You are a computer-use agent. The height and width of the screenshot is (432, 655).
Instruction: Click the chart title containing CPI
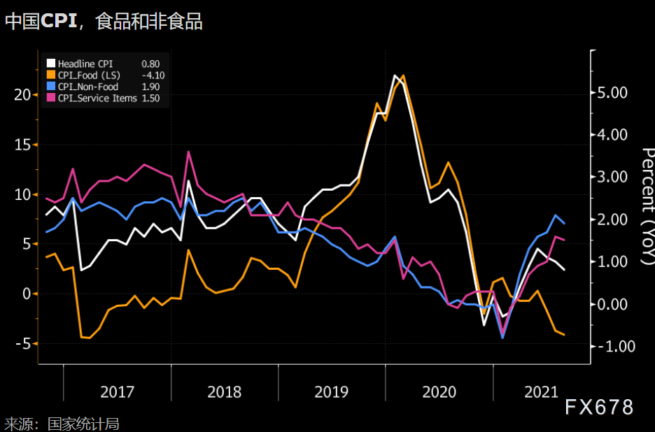104,21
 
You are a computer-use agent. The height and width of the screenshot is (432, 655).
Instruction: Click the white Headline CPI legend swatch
50,64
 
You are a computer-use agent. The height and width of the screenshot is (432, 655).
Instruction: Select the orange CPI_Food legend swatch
50,75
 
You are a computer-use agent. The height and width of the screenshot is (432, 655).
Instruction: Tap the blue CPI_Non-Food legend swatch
50,87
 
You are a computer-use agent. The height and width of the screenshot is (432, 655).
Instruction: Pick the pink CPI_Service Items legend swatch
50,98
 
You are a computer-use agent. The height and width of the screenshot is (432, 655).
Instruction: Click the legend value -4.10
153,75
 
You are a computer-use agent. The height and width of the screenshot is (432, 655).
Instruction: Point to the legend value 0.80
150,64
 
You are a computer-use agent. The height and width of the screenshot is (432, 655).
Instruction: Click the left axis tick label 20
22,94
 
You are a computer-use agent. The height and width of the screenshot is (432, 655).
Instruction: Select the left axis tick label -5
23,344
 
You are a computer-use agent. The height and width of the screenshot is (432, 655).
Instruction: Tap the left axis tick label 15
22,145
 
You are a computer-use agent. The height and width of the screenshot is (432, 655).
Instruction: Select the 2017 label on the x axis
117,391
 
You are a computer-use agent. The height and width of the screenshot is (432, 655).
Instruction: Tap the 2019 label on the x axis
332,391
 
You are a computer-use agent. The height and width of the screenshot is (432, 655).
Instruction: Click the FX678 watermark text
599,407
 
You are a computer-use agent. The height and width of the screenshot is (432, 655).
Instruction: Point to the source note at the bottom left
62,424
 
